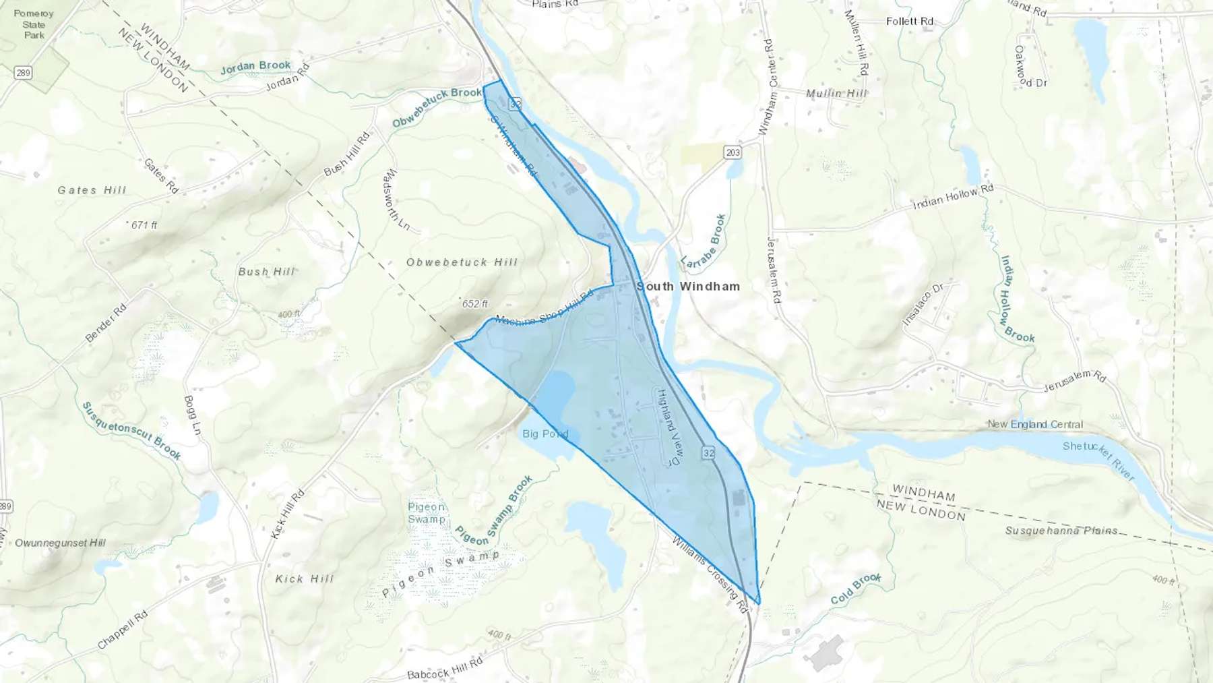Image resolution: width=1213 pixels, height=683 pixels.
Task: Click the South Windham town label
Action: click(688, 287)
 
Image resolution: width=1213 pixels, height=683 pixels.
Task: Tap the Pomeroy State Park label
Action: click(34, 24)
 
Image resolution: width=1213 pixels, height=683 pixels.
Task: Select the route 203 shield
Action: click(733, 152)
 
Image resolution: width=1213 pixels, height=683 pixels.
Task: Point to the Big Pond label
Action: click(545, 434)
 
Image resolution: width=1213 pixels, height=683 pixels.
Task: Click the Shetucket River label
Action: click(1098, 461)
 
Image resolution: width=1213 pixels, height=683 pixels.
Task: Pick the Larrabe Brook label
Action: click(703, 241)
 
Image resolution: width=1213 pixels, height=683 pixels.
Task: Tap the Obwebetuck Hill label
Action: click(462, 262)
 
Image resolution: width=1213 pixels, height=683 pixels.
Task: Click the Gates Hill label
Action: click(92, 190)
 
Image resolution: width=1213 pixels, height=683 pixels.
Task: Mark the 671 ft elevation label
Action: click(143, 225)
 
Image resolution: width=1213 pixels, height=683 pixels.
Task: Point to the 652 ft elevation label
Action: click(474, 304)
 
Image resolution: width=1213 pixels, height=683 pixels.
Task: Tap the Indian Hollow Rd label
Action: click(953, 197)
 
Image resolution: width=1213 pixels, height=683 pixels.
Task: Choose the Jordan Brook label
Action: click(255, 66)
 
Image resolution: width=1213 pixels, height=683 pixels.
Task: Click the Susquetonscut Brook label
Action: click(131, 431)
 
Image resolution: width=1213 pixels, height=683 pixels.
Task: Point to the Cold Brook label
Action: click(855, 588)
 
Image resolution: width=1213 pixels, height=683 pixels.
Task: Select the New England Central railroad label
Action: click(1035, 424)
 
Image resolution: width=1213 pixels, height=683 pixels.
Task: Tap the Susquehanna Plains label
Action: click(1061, 531)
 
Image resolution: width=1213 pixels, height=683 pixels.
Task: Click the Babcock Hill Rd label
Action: click(445, 669)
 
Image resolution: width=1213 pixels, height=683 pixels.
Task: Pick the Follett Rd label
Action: click(910, 22)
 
